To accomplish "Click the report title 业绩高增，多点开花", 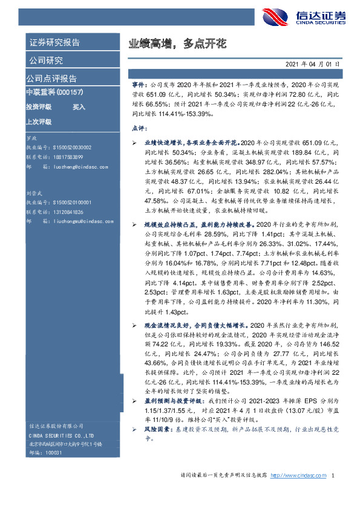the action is click(x=177, y=44).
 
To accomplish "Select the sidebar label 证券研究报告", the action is click(x=54, y=43).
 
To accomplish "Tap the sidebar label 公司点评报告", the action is click(x=51, y=79).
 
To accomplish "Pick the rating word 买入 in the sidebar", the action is click(x=79, y=107).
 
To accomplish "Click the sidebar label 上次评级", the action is click(x=39, y=122).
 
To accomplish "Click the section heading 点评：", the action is click(x=139, y=129).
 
